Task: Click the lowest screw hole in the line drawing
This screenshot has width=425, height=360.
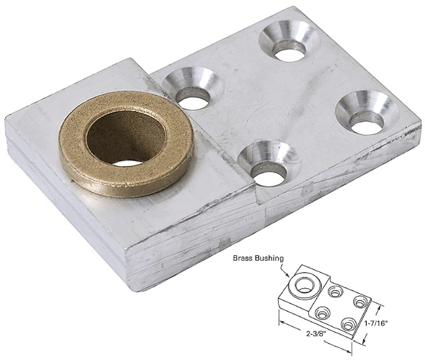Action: point(346,323)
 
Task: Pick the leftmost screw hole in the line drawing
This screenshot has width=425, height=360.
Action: point(323,312)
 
